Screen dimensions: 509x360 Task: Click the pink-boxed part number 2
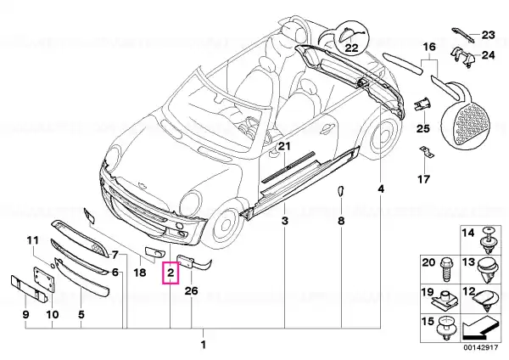tap(171, 273)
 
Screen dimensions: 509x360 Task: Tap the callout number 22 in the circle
tap(351, 48)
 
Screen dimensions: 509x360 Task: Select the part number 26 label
tap(191, 290)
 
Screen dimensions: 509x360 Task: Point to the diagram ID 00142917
tap(480, 347)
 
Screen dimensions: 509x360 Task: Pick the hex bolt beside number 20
tap(445, 270)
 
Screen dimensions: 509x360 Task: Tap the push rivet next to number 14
tap(489, 241)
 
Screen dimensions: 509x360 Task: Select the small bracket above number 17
tap(427, 152)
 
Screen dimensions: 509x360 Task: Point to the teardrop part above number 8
tap(340, 191)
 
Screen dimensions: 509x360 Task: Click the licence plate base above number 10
tap(44, 281)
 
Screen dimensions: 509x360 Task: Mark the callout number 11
tap(32, 240)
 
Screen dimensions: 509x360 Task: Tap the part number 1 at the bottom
tap(204, 345)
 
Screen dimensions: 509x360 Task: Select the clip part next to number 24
tap(463, 57)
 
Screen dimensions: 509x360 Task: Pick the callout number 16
tap(429, 47)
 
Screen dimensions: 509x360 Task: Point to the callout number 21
tap(283, 146)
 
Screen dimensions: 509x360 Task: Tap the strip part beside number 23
tap(463, 35)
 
